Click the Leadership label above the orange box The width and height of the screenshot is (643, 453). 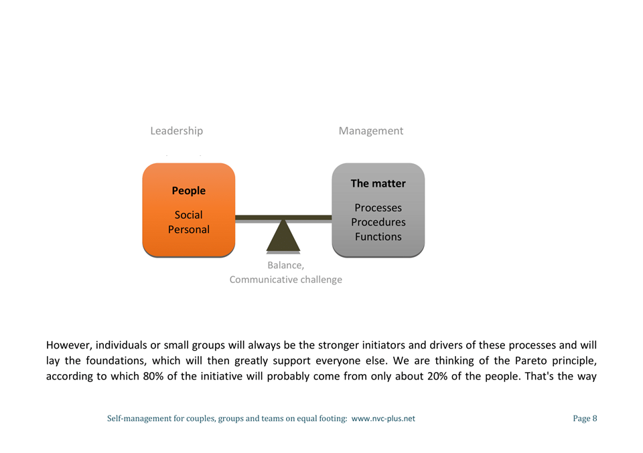click(x=176, y=131)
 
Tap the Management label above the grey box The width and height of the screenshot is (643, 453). click(x=370, y=131)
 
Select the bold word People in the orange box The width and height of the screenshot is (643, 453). click(x=188, y=191)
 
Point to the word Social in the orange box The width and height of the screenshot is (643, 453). click(x=188, y=215)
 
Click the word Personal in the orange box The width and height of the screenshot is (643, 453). click(x=188, y=230)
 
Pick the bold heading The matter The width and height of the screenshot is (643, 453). click(x=378, y=183)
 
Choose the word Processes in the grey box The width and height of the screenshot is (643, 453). click(x=378, y=208)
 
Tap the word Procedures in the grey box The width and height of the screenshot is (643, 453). click(x=378, y=222)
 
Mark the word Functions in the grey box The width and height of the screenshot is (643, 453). click(x=378, y=236)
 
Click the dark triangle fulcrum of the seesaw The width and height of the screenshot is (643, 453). click(x=283, y=238)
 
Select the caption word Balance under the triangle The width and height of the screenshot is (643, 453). click(x=285, y=266)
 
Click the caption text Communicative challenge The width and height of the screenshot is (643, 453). click(x=285, y=280)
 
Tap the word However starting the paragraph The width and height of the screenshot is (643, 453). click(x=69, y=346)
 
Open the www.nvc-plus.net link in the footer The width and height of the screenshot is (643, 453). click(x=383, y=419)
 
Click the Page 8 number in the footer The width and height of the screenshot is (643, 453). click(x=585, y=419)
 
